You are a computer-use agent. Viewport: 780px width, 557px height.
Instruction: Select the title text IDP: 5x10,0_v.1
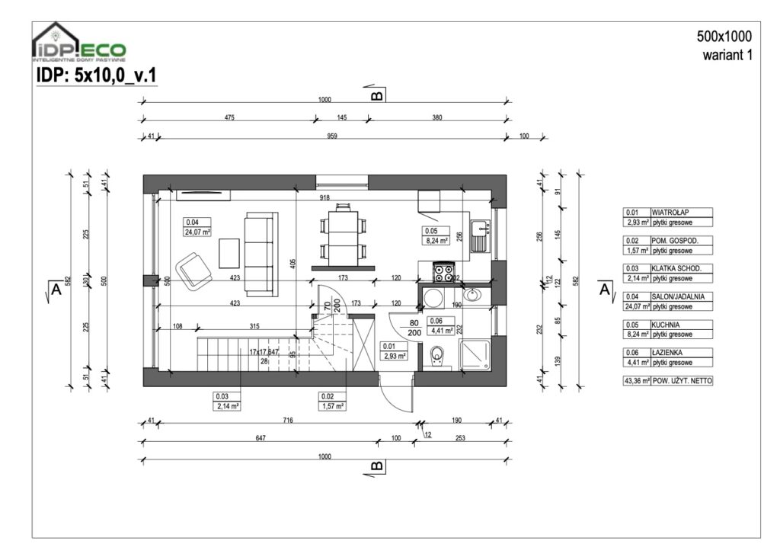pos(96,75)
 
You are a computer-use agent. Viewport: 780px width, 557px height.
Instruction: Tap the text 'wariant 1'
pos(727,55)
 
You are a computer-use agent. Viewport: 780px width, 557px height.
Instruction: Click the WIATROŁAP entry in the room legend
pos(670,213)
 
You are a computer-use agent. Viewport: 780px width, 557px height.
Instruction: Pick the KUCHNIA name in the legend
pos(667,324)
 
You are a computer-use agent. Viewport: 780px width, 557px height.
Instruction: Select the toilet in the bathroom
pos(437,354)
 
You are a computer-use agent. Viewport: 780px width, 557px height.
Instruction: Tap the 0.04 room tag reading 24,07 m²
pos(197,228)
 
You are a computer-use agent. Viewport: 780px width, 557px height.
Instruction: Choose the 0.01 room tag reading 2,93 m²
pos(393,351)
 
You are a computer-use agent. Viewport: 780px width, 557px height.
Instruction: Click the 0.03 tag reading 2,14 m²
pos(227,402)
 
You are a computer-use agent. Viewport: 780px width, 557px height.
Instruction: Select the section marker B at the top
pos(376,94)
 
